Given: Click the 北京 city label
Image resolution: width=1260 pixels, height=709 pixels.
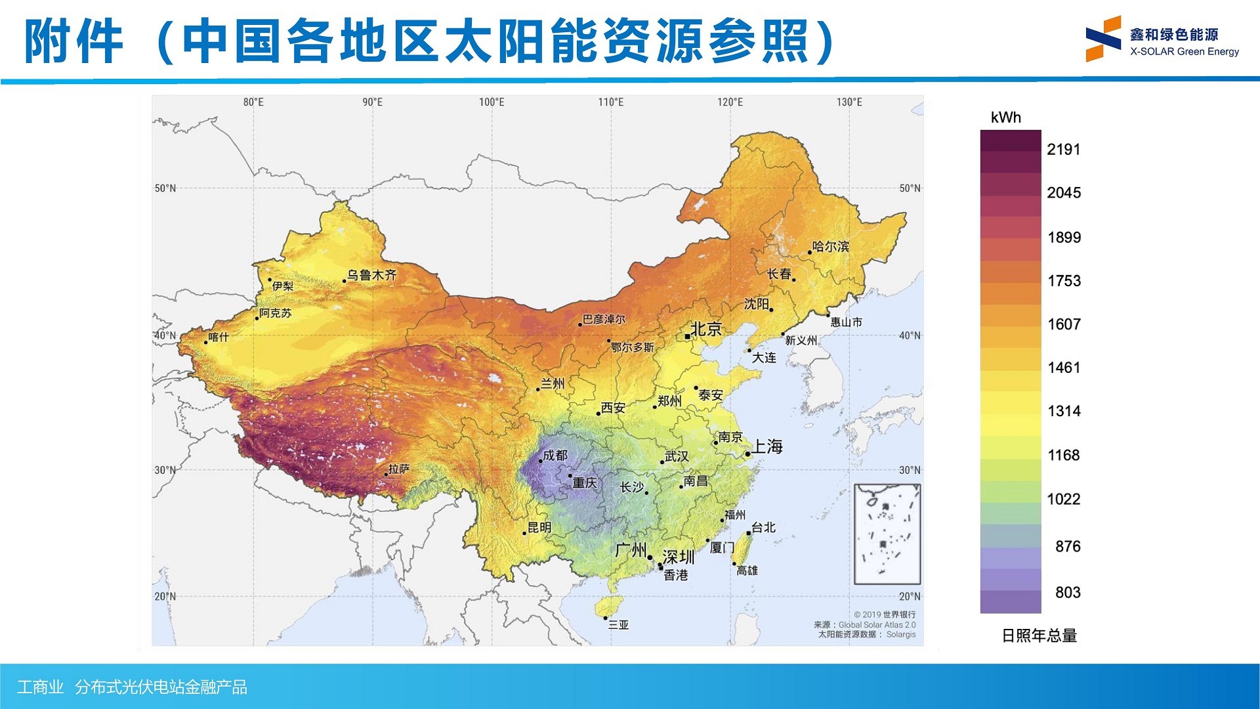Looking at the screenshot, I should (x=706, y=329).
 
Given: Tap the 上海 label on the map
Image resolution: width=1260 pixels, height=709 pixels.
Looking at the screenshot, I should (x=767, y=447).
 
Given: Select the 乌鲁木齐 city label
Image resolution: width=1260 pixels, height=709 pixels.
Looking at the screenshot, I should (x=372, y=275).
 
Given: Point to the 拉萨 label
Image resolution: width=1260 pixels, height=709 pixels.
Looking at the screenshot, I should (x=399, y=469).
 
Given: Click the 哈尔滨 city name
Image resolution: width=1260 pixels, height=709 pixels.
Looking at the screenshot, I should (x=831, y=247).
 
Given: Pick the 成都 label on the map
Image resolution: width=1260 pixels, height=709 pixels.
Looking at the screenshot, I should (x=555, y=455).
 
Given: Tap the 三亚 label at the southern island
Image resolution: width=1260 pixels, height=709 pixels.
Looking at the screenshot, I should (x=618, y=624).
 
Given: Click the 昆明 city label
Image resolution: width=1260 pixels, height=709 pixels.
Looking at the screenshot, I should (x=539, y=527).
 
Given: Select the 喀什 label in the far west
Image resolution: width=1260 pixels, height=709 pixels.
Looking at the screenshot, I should (x=219, y=337).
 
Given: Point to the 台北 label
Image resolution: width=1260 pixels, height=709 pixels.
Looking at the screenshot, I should (x=764, y=527).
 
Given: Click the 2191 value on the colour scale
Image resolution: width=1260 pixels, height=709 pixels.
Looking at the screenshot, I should (x=1064, y=150).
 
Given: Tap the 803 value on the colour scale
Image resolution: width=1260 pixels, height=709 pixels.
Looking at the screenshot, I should (x=1068, y=592).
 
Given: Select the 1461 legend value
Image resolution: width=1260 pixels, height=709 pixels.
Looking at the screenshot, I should (x=1064, y=368).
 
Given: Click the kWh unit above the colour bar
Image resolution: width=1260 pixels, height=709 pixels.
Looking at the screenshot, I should (x=1006, y=118).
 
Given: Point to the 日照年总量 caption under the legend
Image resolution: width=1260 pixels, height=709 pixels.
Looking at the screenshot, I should (x=1039, y=635).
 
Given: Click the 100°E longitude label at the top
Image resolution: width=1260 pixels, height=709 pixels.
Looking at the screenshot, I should (x=492, y=102).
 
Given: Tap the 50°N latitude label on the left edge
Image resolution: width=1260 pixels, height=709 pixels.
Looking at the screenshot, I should (x=165, y=188).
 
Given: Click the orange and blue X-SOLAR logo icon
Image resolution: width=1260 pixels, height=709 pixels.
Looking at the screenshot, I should (x=1103, y=39).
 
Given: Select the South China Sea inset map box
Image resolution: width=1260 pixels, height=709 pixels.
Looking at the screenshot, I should (x=887, y=534).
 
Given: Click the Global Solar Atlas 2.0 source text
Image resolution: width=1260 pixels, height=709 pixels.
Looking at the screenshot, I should (x=877, y=625).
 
